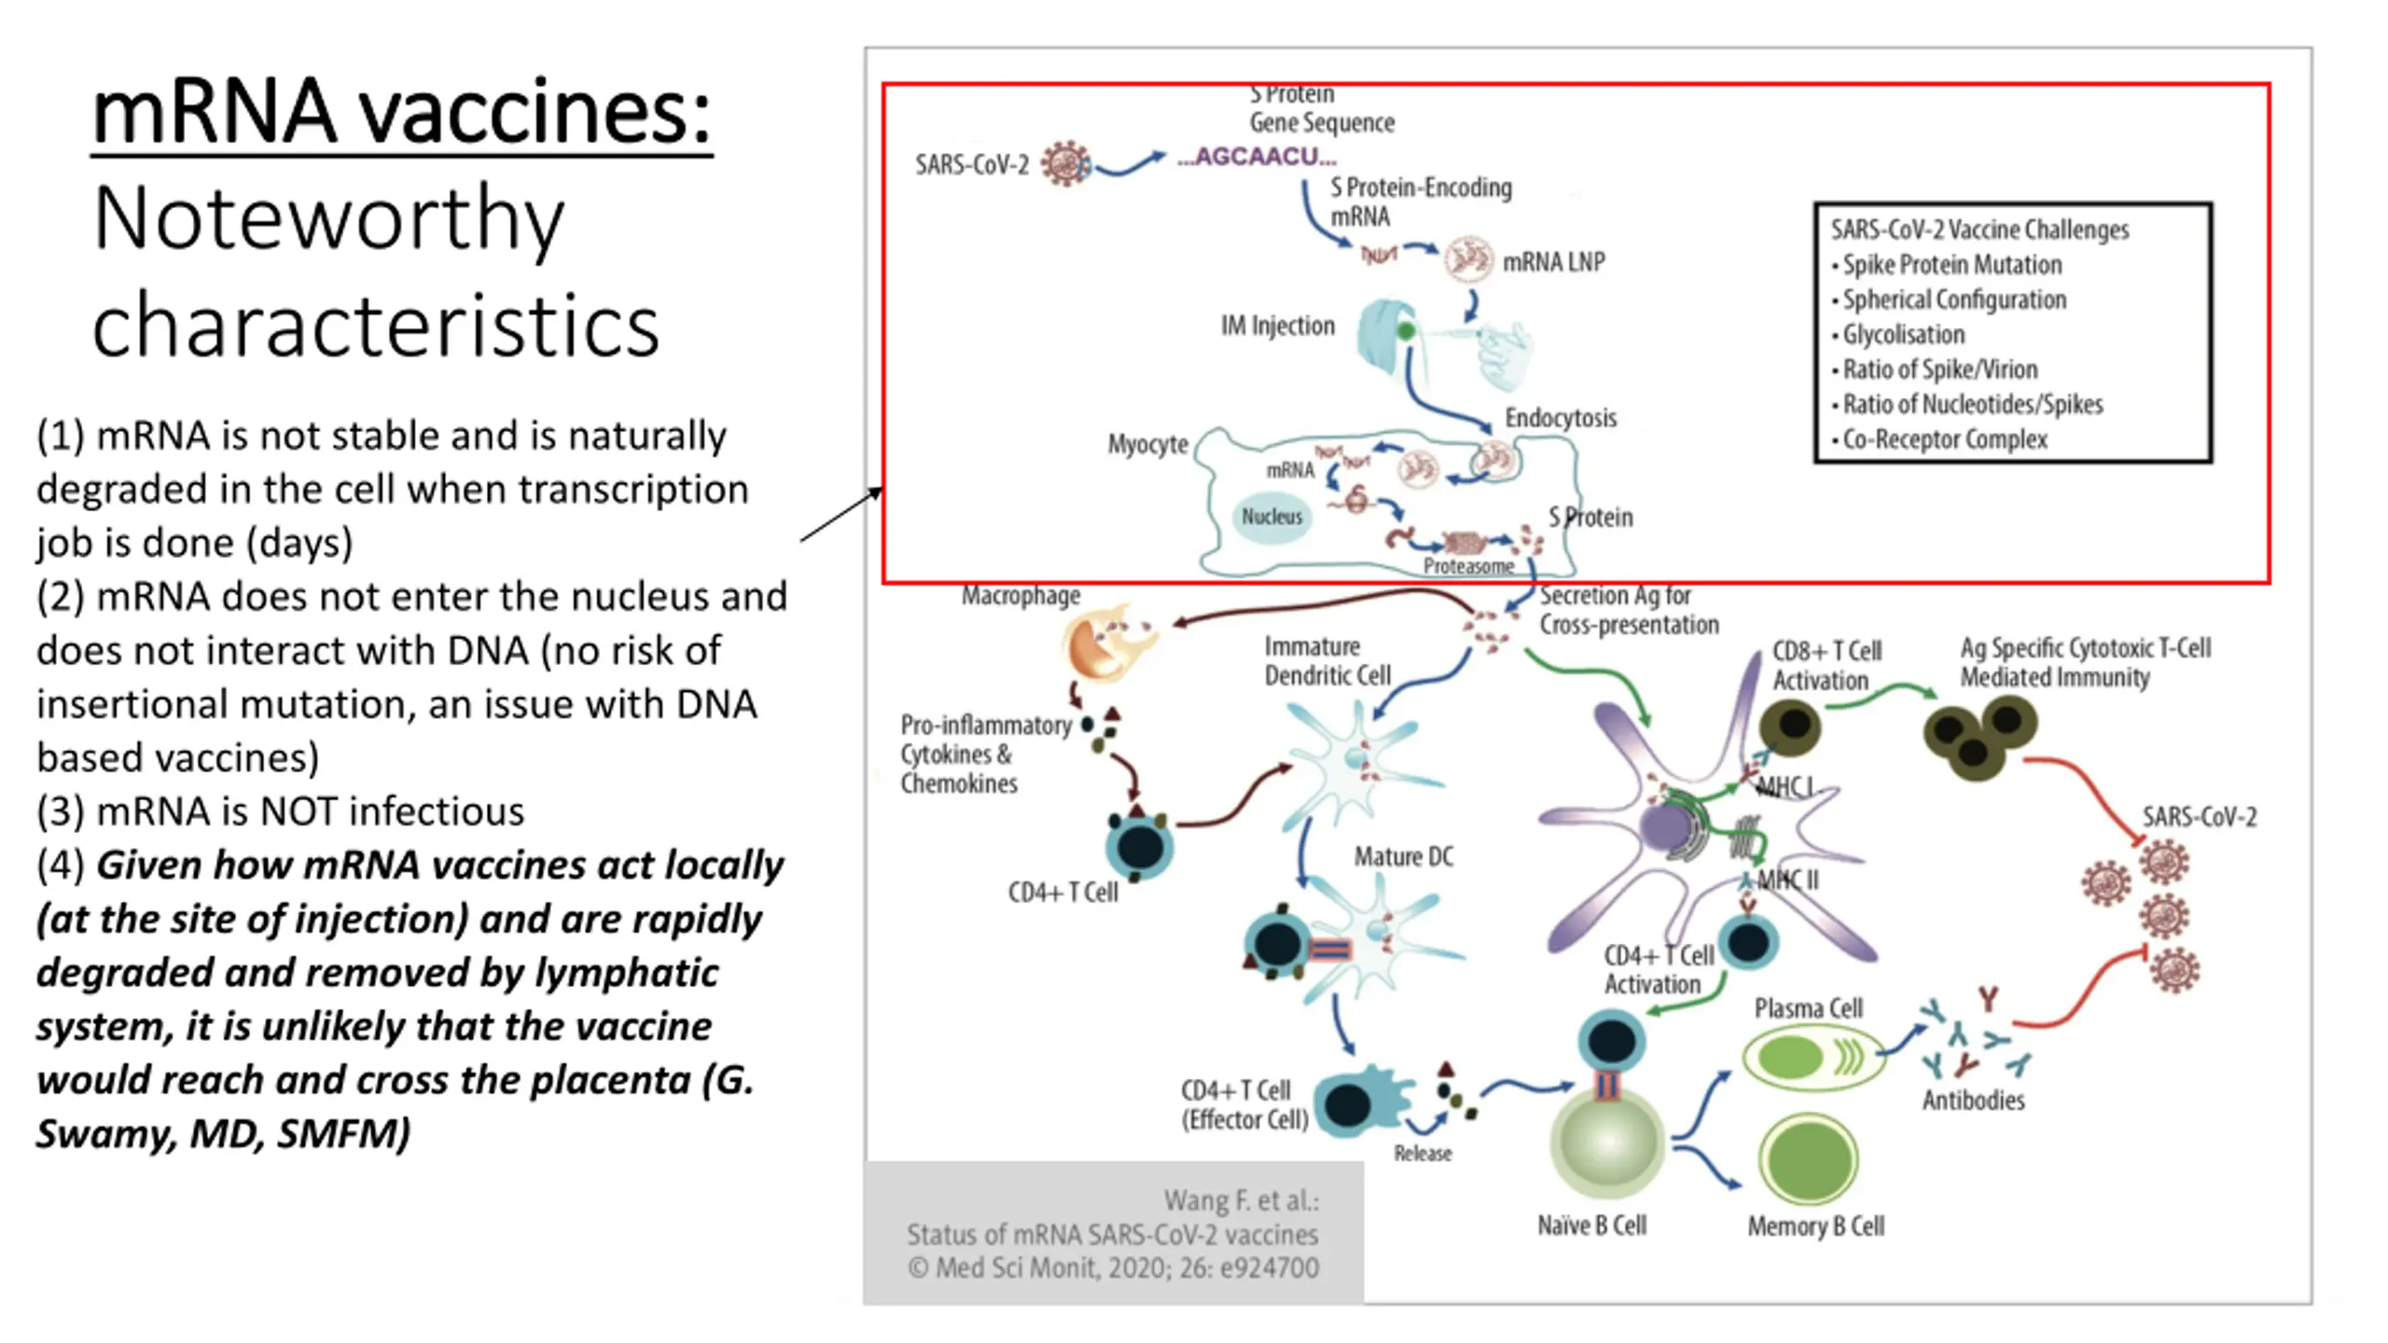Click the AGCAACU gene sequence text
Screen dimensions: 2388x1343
click(1256, 157)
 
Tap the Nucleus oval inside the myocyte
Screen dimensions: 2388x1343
click(1271, 517)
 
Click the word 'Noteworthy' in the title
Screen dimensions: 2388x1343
click(328, 220)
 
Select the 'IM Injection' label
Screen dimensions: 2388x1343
click(1278, 325)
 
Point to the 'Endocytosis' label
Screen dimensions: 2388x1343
click(1561, 418)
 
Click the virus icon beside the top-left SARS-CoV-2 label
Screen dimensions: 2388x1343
click(1065, 163)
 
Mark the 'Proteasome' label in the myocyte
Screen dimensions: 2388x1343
click(1468, 566)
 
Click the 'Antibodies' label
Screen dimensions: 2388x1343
click(1973, 1101)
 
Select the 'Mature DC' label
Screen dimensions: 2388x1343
click(1404, 856)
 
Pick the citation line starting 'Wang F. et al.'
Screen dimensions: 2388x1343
click(1242, 1200)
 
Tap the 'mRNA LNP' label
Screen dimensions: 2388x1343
click(1554, 262)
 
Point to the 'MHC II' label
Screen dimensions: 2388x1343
click(1787, 879)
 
